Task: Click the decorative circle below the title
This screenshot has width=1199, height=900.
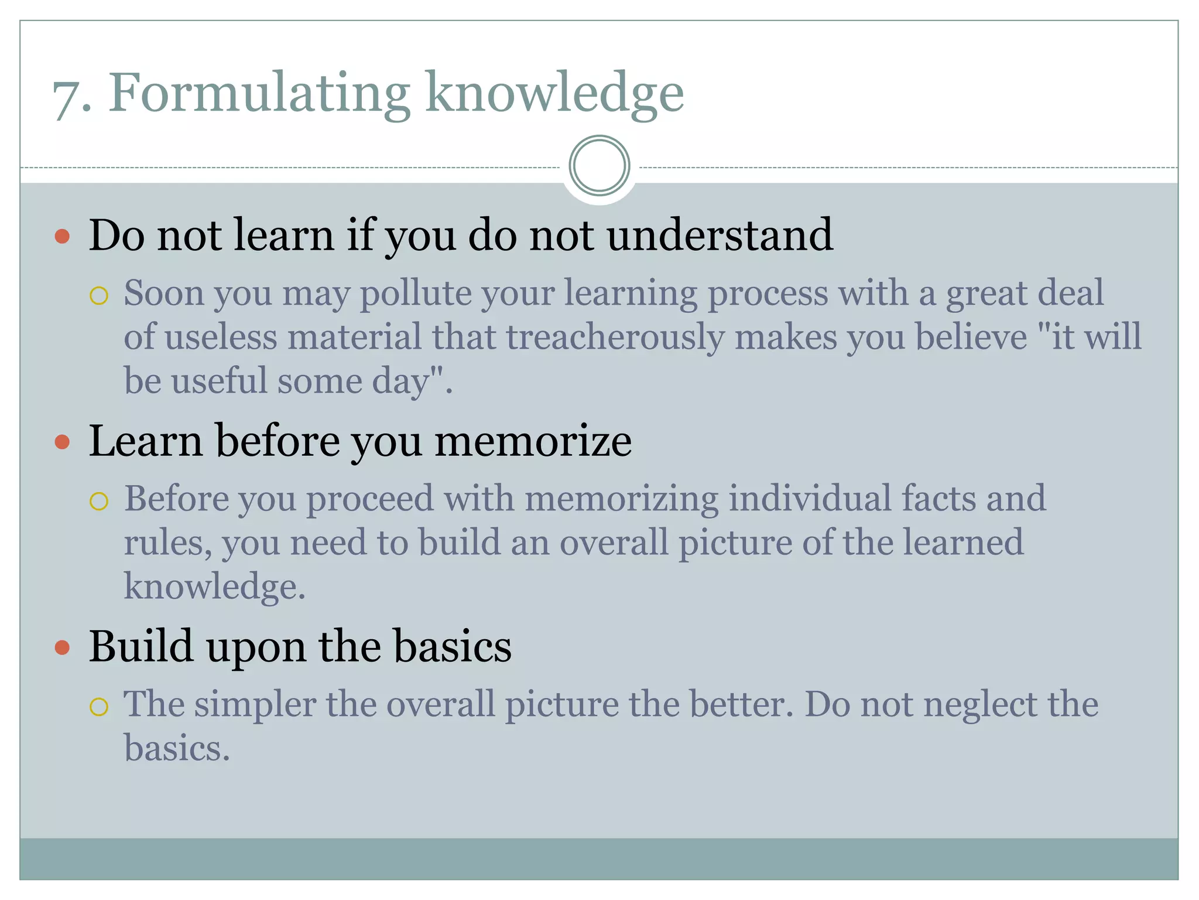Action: coord(599,166)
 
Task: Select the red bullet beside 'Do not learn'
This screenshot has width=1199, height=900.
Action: coord(62,237)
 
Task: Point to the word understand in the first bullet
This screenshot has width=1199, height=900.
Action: coord(720,235)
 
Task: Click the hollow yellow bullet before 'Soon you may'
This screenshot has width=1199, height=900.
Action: coord(99,295)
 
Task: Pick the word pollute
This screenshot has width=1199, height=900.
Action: coord(415,293)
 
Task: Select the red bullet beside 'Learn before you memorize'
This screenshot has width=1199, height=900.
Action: coord(62,442)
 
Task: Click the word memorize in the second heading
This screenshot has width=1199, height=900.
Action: coord(533,441)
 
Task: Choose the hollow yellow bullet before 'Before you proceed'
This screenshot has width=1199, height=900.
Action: coord(99,501)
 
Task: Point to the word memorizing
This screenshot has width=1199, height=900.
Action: coord(621,500)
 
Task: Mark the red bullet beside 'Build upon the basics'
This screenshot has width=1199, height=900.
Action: coord(62,647)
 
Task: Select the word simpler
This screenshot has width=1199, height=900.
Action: coord(255,704)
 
